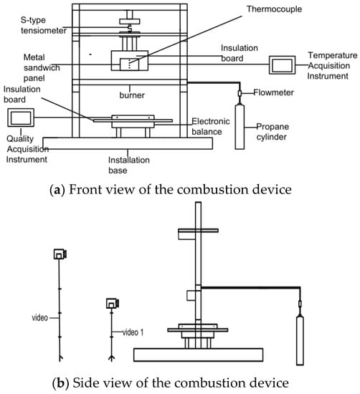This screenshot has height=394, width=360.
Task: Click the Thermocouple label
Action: point(274,9)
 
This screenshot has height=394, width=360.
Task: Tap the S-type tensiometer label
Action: point(43,25)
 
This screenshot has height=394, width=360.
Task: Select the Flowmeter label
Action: point(273,92)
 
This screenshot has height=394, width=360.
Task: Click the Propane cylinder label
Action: point(273,132)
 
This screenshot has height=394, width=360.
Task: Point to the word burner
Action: point(132,95)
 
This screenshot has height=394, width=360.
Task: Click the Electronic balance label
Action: point(211,126)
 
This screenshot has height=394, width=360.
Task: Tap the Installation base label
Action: point(129,165)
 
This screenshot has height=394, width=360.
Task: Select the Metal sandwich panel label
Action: point(42,67)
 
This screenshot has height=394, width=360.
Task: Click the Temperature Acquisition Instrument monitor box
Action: point(282,65)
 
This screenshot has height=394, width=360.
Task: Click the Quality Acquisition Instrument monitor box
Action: point(21,117)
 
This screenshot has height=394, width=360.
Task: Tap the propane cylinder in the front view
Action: point(240,127)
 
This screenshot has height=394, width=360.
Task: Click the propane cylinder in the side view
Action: point(300,340)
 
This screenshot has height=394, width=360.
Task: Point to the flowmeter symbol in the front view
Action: point(240,93)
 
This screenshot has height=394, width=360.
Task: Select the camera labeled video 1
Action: point(113,303)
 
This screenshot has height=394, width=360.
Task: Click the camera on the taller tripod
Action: point(60,254)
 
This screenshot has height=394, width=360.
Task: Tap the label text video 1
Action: point(133,332)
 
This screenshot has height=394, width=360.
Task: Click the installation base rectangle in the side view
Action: point(198,355)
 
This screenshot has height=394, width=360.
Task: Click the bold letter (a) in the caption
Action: point(57,190)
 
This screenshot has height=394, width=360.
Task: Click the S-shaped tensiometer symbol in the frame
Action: point(130,28)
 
